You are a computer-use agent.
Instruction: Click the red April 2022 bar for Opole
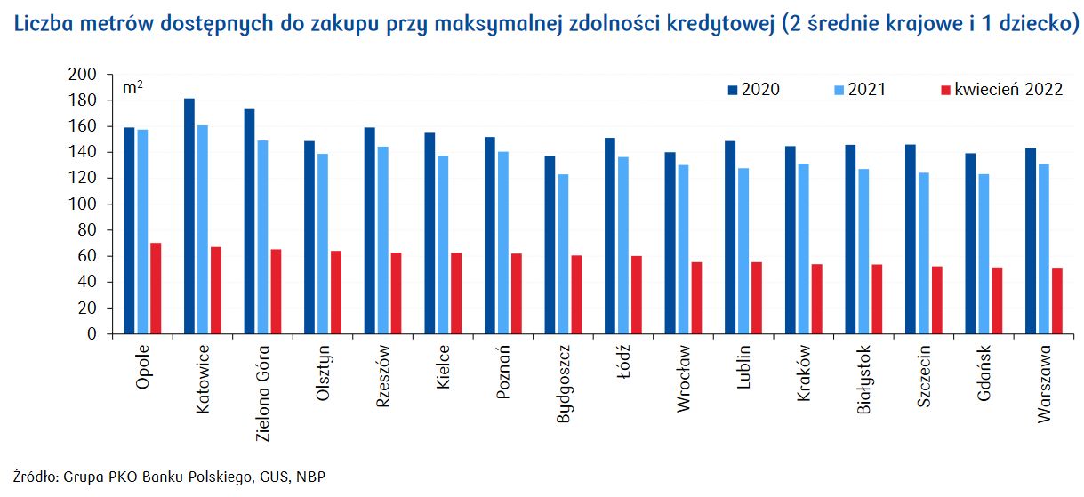click(x=156, y=288)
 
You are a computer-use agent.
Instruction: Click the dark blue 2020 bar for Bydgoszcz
click(x=550, y=245)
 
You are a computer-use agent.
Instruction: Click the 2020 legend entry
click(x=754, y=90)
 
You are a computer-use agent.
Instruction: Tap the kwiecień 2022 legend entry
click(x=1000, y=90)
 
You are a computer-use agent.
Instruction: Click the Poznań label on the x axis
click(x=503, y=370)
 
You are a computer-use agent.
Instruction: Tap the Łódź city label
click(x=623, y=365)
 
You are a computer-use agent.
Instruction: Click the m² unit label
click(x=132, y=88)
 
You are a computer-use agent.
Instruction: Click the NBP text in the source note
click(x=313, y=477)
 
